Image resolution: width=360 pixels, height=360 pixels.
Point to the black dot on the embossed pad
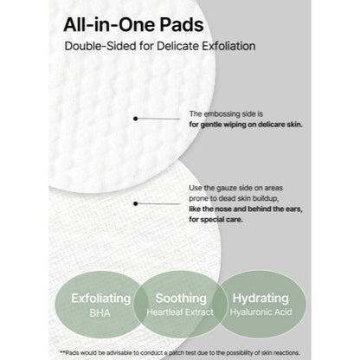[x=136, y=119]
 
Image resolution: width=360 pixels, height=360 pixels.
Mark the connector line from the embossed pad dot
[x=161, y=119]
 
